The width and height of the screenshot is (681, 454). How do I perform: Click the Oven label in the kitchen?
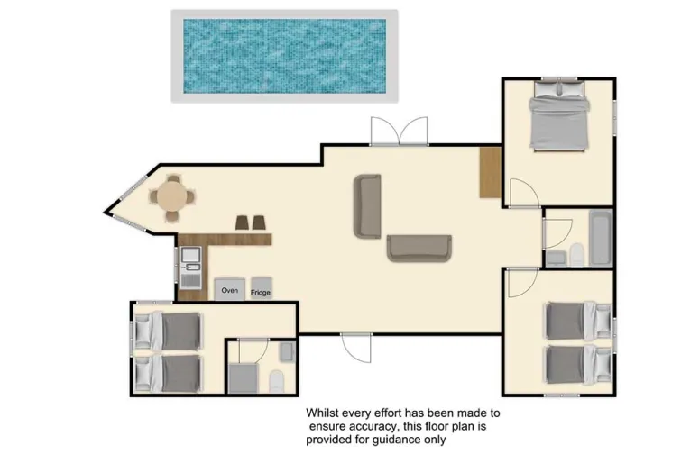[229, 290]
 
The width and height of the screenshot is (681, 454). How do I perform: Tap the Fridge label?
[261, 293]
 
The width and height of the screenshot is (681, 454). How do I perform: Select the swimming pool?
[284, 56]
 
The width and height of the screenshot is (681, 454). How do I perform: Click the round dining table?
[172, 196]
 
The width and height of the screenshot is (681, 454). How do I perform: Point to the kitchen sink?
[190, 261]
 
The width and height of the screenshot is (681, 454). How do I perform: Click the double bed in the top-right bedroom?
[558, 116]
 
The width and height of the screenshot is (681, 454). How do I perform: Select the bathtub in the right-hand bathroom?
[601, 238]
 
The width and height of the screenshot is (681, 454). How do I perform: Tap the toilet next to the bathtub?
[576, 255]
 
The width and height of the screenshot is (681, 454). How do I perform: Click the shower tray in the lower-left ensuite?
[244, 378]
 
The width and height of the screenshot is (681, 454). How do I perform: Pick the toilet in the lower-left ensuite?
[276, 381]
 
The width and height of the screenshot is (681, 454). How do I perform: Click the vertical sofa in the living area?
[367, 206]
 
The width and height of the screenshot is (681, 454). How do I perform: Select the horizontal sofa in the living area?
[419, 249]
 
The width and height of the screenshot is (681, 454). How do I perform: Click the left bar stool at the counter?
[242, 222]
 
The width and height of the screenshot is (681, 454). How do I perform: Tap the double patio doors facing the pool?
[400, 132]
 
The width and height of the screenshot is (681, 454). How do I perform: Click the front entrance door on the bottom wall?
[356, 348]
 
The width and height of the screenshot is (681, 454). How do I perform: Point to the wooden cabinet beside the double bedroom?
[491, 172]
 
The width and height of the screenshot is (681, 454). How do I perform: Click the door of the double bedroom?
[524, 193]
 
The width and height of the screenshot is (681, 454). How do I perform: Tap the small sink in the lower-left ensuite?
[287, 352]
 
